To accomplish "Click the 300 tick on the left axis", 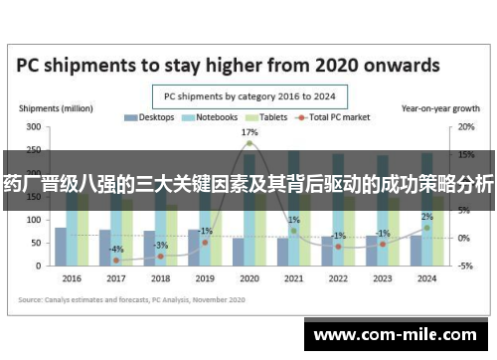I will click(34, 127).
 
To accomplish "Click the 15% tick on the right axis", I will click(466, 155).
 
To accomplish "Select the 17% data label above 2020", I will click(249, 131).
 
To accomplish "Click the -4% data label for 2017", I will click(116, 249).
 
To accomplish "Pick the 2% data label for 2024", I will click(426, 216).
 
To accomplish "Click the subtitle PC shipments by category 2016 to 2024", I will click(248, 96).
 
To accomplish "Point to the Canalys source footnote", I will click(118, 297).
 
